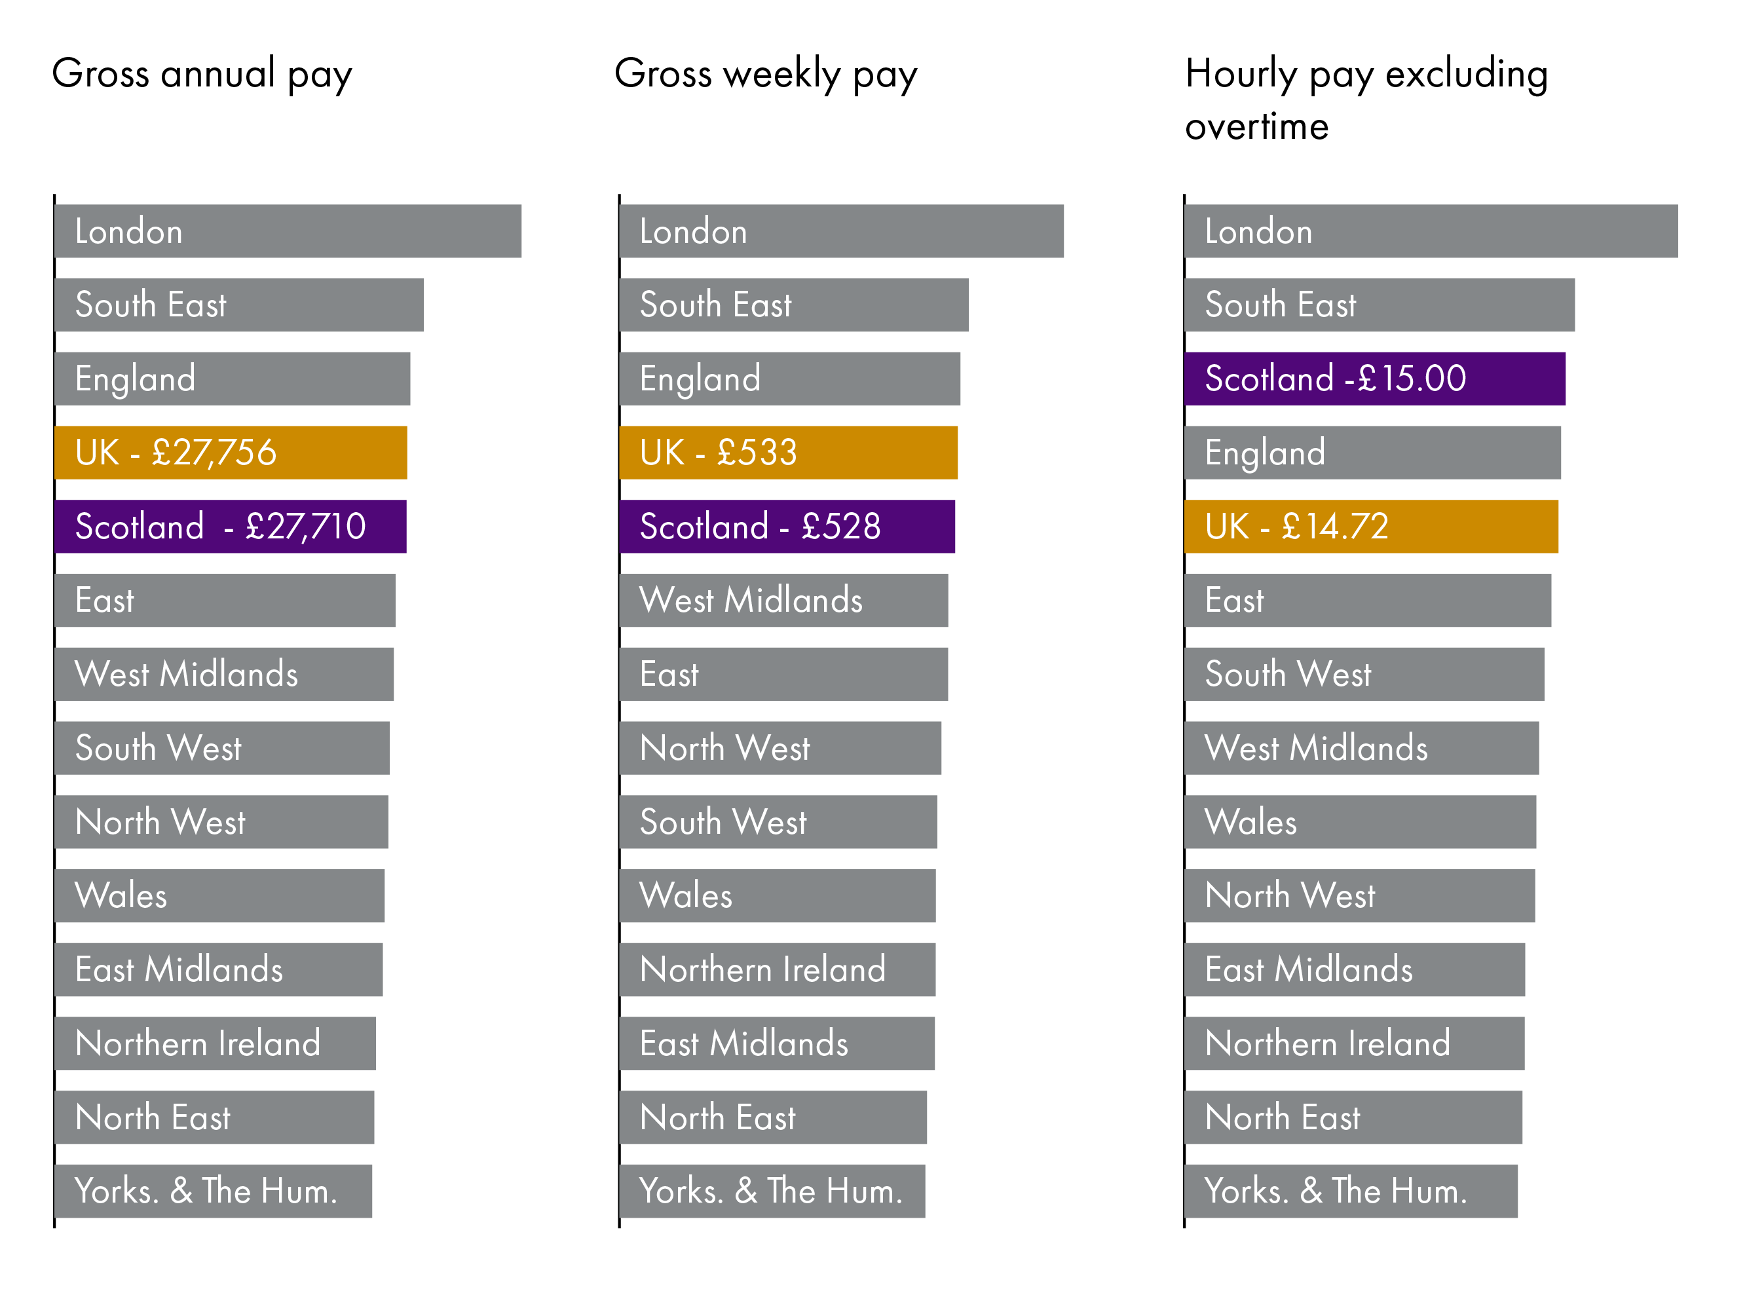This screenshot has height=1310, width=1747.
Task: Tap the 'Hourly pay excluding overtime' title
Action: point(1366,99)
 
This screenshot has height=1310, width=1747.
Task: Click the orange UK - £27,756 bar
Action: point(231,453)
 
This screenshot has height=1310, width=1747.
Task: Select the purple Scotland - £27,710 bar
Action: point(231,526)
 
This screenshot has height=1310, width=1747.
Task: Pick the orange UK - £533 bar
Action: point(788,453)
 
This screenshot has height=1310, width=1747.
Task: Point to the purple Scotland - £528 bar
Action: point(787,526)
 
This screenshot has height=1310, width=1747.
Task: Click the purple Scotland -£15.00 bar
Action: point(1374,378)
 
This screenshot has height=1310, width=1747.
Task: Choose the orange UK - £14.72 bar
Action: point(1370,526)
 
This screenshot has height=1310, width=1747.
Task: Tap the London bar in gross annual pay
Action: point(288,231)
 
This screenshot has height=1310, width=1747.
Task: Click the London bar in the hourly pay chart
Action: point(1431,231)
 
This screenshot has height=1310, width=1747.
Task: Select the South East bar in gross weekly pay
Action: point(794,305)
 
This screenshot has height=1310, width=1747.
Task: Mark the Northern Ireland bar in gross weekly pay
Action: point(777,969)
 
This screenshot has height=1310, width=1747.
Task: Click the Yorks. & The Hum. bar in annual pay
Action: point(214,1191)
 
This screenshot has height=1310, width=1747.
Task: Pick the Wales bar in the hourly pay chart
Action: point(1360,821)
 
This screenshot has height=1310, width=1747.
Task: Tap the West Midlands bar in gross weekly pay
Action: point(783,600)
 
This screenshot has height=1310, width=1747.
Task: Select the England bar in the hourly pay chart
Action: point(1372,453)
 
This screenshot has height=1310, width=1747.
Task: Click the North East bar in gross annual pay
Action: point(214,1117)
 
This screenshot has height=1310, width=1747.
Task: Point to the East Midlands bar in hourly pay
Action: point(1355,969)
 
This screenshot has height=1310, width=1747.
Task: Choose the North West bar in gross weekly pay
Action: point(780,748)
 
